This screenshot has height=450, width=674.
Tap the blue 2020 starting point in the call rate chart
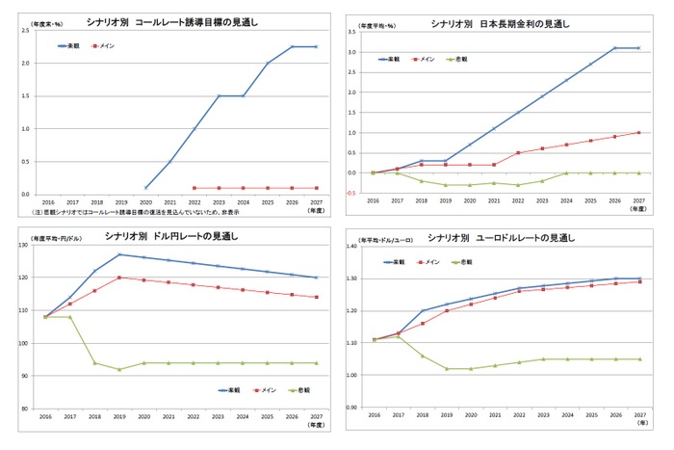(x=144, y=188)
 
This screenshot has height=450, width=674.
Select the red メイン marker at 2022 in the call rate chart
(x=194, y=188)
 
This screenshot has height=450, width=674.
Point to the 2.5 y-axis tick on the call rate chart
(x=25, y=31)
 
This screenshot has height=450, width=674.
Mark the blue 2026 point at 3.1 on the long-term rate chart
(x=612, y=48)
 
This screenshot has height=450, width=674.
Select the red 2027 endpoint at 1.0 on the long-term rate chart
(x=637, y=132)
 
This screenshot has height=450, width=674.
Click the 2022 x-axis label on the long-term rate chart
(x=517, y=202)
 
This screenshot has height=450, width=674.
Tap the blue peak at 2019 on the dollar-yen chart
(x=119, y=254)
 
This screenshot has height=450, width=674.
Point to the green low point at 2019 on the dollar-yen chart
(x=119, y=369)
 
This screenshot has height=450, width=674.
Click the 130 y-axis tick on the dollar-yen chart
(x=23, y=246)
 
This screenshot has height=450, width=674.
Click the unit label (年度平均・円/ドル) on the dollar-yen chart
(x=60, y=236)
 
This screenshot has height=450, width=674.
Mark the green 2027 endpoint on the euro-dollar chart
(x=637, y=358)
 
